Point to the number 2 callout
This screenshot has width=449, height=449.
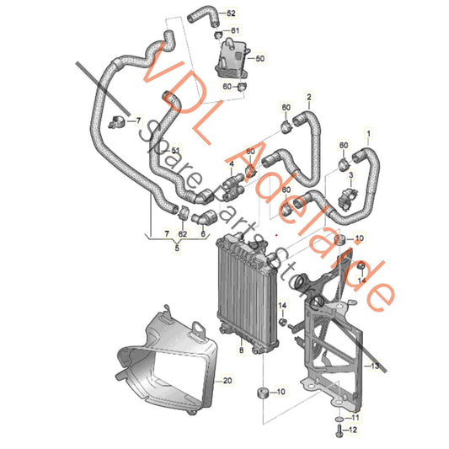coord(308,99)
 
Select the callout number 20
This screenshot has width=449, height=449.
coord(227,382)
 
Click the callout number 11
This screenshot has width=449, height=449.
coord(355,418)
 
